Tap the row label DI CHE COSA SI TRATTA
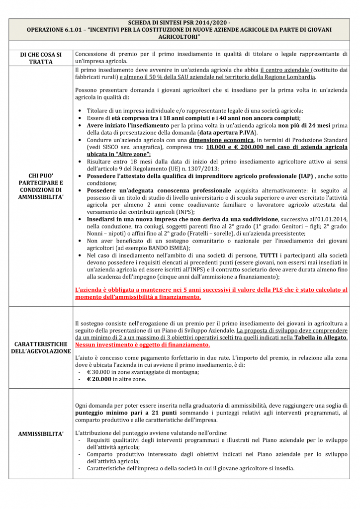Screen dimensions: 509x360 pos(41,58)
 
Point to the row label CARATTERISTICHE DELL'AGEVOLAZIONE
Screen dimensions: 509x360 pos(41,347)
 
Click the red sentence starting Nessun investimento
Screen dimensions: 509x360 pos(142,344)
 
